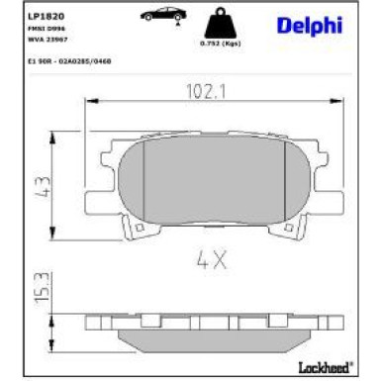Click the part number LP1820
[x=26, y=18]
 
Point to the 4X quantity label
[x=212, y=262]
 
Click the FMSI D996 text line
[x=25, y=32]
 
